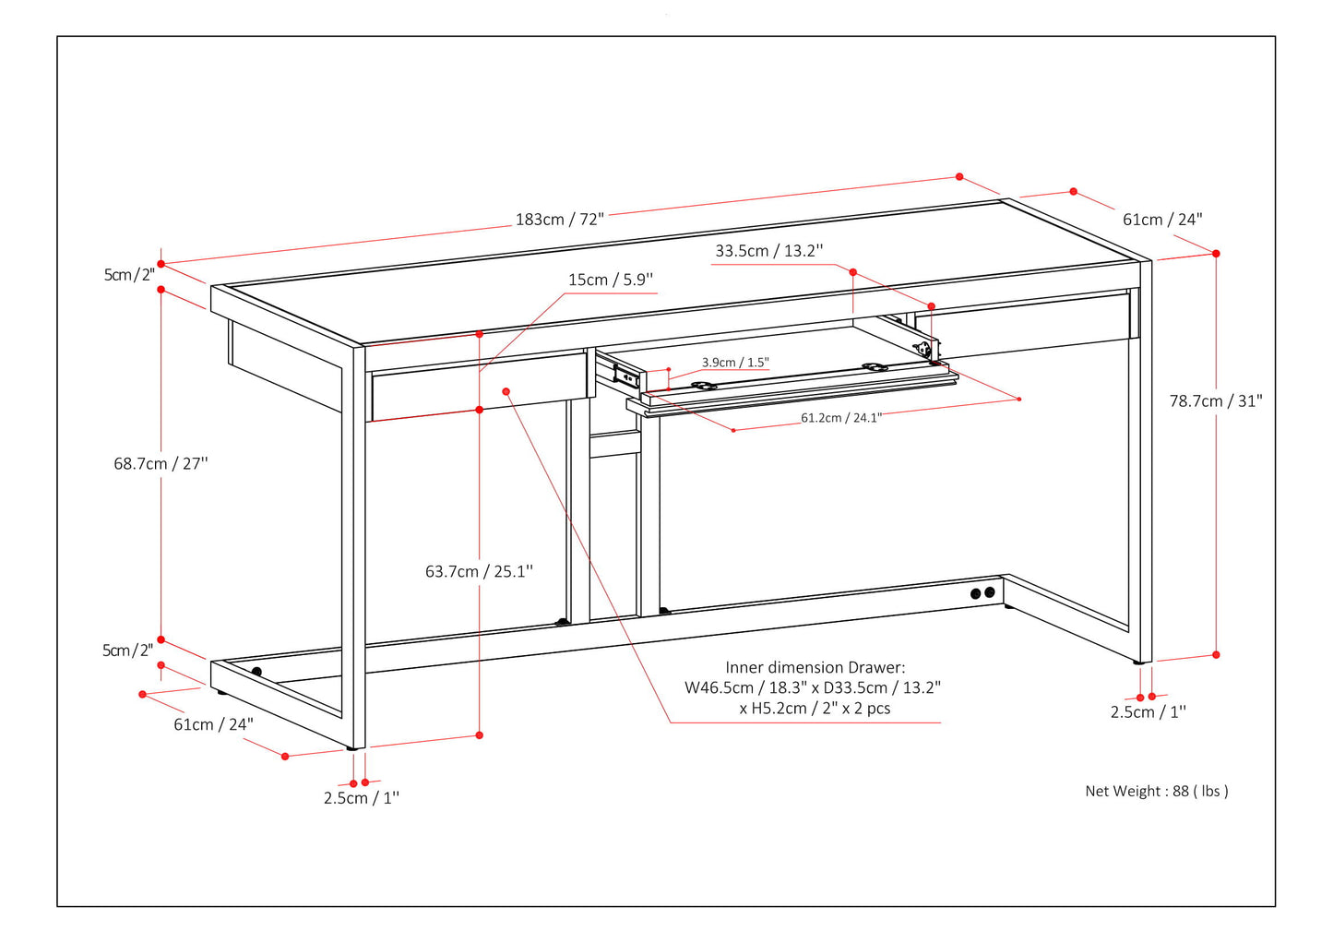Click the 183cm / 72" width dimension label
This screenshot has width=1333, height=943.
(x=559, y=220)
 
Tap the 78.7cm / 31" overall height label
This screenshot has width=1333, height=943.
(x=1215, y=400)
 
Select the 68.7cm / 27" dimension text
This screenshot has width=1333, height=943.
(x=161, y=463)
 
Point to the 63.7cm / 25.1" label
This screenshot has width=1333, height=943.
(x=479, y=571)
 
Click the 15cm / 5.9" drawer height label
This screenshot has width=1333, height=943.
(x=610, y=280)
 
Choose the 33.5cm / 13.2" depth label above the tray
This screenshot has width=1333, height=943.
(x=768, y=251)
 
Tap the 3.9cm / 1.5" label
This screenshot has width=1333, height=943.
(x=734, y=363)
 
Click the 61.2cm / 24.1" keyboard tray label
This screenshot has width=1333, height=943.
(x=840, y=418)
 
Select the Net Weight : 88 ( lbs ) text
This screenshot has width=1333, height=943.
(x=1156, y=791)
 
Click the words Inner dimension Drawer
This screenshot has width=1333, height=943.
(x=815, y=667)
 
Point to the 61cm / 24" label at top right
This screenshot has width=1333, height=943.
(x=1161, y=220)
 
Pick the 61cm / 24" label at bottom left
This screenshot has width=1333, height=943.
(x=213, y=724)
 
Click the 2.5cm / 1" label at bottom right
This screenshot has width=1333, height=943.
(x=1148, y=711)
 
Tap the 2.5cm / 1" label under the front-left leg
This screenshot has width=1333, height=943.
(x=361, y=798)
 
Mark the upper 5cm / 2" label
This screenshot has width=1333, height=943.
(x=129, y=275)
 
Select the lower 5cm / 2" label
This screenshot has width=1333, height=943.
(x=127, y=651)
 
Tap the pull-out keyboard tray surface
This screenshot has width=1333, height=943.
(x=793, y=377)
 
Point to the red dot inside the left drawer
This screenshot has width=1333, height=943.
(x=506, y=391)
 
